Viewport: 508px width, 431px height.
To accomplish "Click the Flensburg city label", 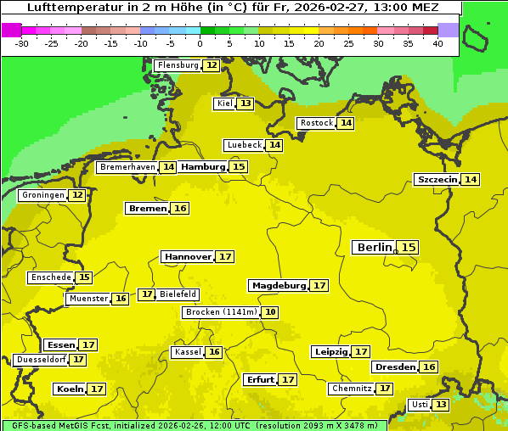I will tap(178, 65).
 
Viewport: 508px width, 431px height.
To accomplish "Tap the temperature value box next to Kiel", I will tap(246, 104).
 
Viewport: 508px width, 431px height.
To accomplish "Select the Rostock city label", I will tap(317, 123).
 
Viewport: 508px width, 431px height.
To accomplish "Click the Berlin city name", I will tap(375, 247).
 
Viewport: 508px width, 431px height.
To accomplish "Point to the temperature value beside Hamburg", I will tap(240, 167).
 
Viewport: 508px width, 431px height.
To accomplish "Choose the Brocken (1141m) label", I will tap(221, 312).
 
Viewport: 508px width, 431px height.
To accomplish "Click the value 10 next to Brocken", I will tap(270, 312).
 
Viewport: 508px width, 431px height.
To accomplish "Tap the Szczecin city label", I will tap(437, 179).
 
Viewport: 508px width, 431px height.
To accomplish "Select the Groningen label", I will tap(42, 195).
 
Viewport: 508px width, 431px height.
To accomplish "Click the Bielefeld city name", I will tap(178, 294).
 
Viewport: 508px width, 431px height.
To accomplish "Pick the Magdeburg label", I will tap(278, 285).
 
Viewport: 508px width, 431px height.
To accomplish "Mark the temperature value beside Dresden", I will tap(429, 367).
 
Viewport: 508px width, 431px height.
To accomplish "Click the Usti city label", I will tap(420, 405).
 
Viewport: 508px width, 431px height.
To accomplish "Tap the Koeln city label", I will tap(70, 389).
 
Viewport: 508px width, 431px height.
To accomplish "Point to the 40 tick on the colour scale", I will tap(437, 43).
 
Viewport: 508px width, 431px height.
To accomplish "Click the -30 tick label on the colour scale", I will tap(23, 43).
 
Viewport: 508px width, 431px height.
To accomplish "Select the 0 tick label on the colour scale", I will tap(200, 43).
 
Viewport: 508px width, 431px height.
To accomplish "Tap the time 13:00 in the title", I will tap(375, 8).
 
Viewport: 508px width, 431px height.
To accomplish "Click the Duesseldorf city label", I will tap(41, 360).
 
